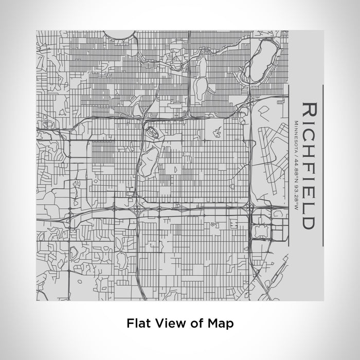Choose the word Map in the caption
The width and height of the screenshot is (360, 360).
coord(223,323)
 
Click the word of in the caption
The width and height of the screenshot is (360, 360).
coord(196,323)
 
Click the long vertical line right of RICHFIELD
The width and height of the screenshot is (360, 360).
coord(322,165)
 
